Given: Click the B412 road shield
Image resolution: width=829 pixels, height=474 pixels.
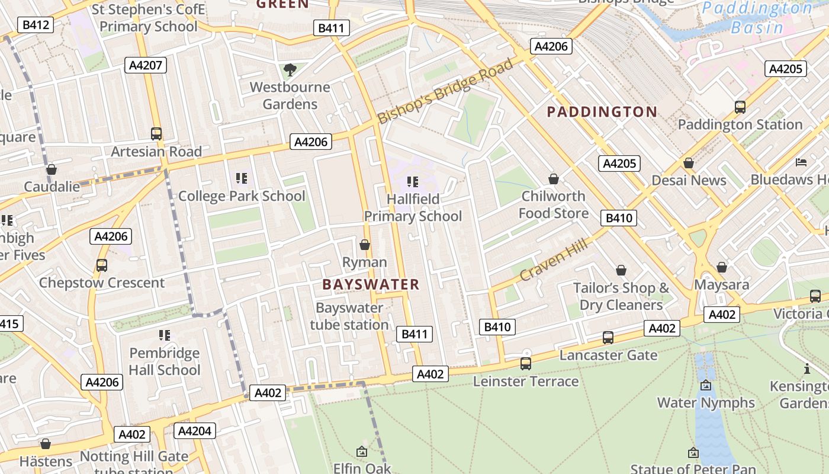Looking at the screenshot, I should (36, 25).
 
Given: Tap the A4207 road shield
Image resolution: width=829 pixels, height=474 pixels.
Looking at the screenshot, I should (145, 65).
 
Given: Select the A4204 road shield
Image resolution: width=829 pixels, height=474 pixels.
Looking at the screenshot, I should (195, 431).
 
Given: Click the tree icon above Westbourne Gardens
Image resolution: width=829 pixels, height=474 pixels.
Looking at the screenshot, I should (290, 71).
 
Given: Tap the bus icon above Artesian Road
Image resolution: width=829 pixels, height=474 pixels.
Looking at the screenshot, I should (156, 134).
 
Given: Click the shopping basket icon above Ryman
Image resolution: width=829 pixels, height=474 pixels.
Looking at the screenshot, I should (365, 245).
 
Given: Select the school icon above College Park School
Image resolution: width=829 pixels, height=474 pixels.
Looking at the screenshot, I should (241, 178).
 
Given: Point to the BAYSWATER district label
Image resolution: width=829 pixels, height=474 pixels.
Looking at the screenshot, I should (371, 284).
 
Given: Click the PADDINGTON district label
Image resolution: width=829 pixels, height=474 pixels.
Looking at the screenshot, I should (602, 112).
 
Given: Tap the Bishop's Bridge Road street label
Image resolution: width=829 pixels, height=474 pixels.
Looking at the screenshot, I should (445, 91).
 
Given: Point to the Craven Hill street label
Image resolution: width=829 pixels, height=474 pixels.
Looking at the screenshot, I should (554, 260).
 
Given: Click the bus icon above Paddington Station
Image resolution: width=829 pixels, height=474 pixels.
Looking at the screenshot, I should (740, 107).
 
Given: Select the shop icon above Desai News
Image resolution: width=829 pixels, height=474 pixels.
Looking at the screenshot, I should (688, 163).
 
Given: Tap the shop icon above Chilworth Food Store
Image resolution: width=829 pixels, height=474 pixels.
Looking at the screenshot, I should (553, 179).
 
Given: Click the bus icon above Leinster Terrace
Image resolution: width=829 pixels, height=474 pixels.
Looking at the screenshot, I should (525, 364).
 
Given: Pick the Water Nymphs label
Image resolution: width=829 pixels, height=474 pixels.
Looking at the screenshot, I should (706, 403).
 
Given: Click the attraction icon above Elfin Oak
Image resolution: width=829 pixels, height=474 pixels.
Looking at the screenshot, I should (362, 451).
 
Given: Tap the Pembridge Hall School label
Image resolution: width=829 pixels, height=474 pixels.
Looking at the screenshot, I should (165, 361).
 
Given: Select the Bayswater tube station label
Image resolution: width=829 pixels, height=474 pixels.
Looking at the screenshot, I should (349, 316).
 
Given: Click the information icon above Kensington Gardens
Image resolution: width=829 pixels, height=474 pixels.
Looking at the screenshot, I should (806, 369).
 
